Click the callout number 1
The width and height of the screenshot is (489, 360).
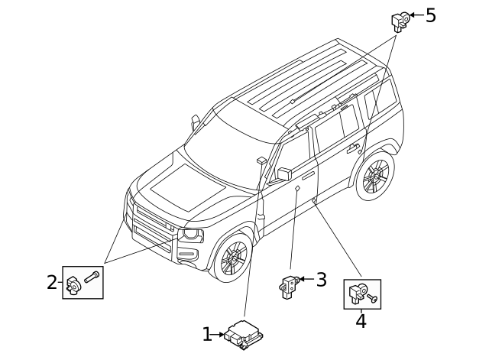[x=207, y=334]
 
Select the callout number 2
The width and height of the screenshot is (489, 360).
[x=52, y=282]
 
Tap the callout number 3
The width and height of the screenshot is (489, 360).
[x=321, y=280]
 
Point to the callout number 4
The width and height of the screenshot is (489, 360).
[x=361, y=322]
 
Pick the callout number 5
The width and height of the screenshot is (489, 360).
[x=431, y=15]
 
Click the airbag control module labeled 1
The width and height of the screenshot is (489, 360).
[x=244, y=335]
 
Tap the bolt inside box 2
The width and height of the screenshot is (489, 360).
[x=92, y=277]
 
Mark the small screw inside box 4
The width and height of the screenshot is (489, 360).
[x=373, y=297]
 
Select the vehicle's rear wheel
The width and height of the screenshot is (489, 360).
[x=375, y=177]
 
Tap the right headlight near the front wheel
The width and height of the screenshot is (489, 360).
[x=191, y=235]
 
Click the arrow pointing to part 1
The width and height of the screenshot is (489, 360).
[x=219, y=334]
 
